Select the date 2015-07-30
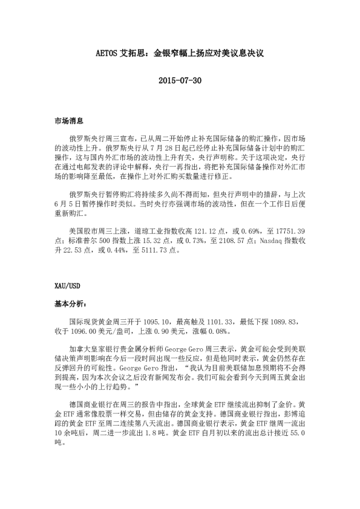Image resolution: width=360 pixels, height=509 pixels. [x=180, y=80]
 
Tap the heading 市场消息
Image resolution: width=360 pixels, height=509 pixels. [x=67, y=122]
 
